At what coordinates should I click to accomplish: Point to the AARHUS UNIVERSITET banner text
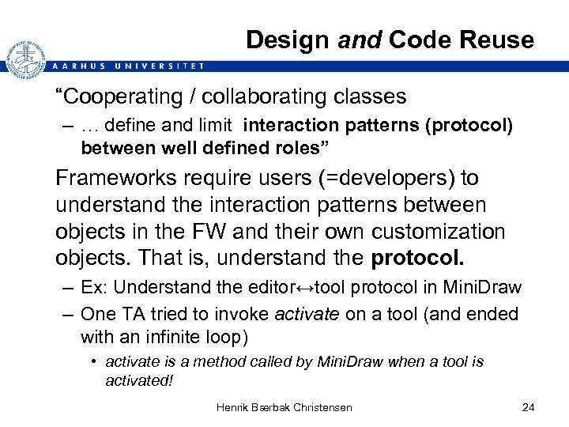point(126,66)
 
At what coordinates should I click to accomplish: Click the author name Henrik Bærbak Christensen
point(285,407)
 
